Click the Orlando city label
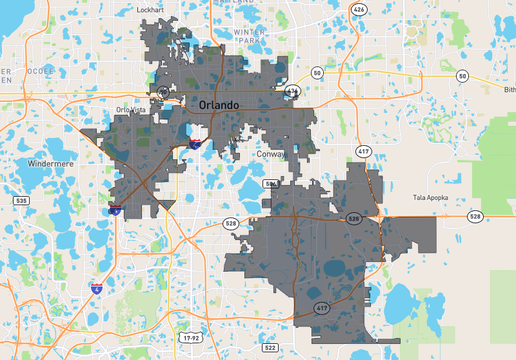pyautogui.click(x=219, y=105)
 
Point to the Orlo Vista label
pyautogui.click(x=138, y=109)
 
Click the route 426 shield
pyautogui.click(x=359, y=9)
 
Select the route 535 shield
pyautogui.click(x=21, y=201)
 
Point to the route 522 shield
pyautogui.click(x=271, y=347)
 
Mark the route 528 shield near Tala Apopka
pyautogui.click(x=474, y=216)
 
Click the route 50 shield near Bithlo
pyautogui.click(x=462, y=76)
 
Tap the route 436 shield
pyautogui.click(x=291, y=90)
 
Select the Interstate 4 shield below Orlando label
pyautogui.click(x=194, y=144)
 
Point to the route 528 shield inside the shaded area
pyautogui.click(x=353, y=217)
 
